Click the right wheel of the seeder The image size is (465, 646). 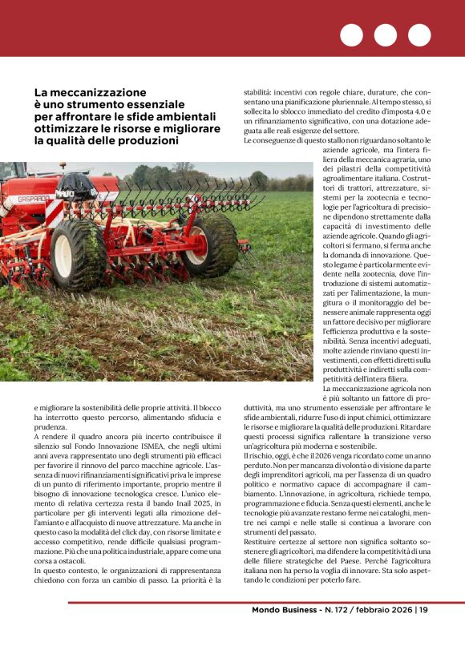(x=206, y=244)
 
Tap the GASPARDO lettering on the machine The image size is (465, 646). (x=34, y=200)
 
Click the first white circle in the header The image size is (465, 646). (x=351, y=35)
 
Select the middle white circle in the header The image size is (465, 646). (x=385, y=35)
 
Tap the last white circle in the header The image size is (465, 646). (x=418, y=35)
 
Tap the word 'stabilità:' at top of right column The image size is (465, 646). (x=262, y=93)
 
